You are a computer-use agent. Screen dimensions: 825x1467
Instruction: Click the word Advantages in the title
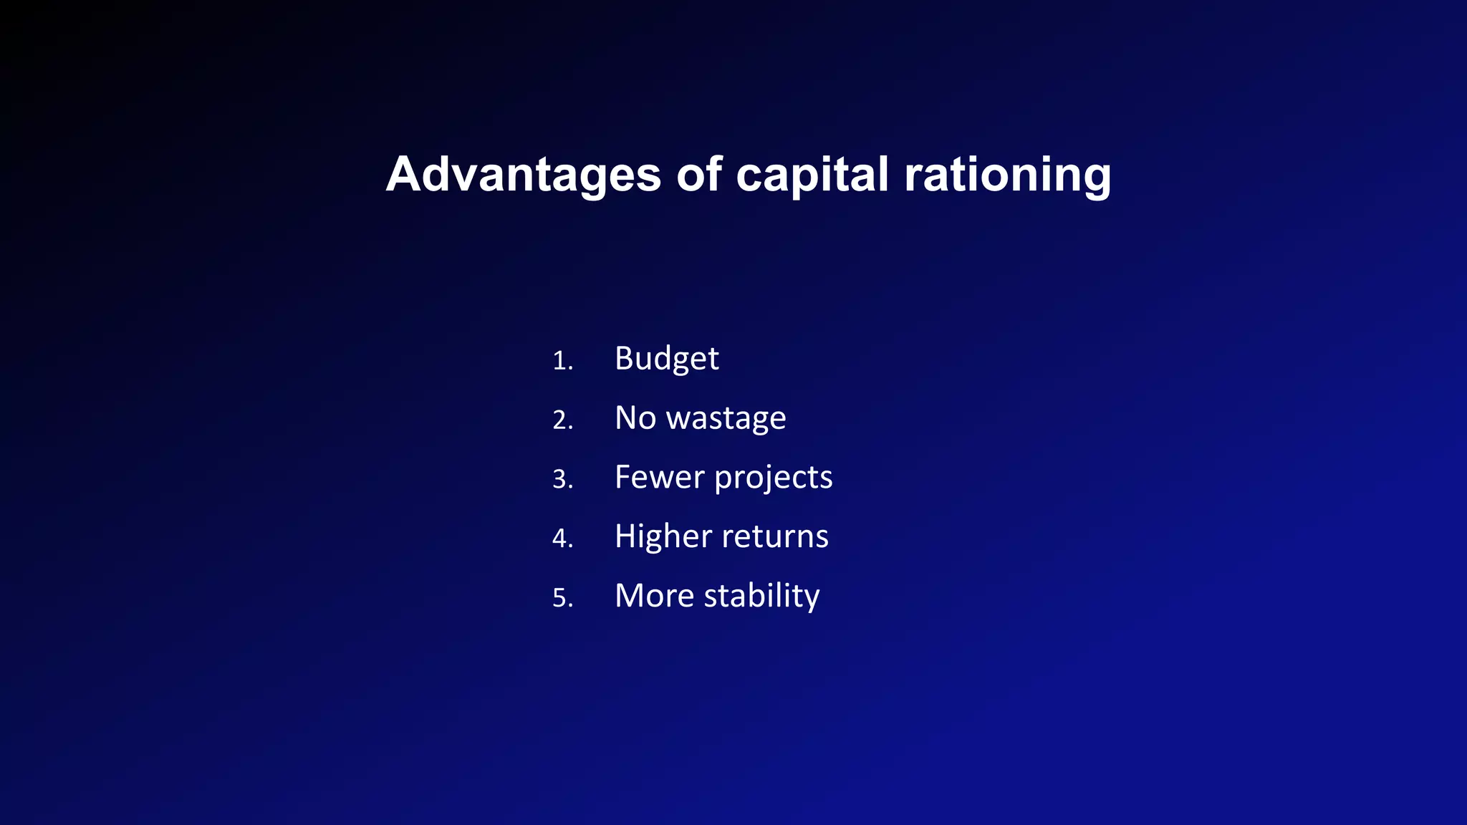point(523,175)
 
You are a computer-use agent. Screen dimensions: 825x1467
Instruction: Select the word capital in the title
point(812,175)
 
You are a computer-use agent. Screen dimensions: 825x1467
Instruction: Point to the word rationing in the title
point(1007,175)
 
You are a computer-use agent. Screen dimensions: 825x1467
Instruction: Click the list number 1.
point(562,360)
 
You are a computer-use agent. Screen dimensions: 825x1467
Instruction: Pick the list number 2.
point(562,420)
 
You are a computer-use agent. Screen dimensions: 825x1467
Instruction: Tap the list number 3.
point(562,479)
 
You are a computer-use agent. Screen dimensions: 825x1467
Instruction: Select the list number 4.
point(562,539)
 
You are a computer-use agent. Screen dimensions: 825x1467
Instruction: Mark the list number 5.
point(562,598)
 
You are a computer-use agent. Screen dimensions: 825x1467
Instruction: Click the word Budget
point(666,358)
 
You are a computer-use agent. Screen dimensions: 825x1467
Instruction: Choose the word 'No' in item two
point(635,418)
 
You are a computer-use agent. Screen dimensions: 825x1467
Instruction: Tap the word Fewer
point(658,477)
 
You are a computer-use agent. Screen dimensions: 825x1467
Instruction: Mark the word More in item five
point(654,596)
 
